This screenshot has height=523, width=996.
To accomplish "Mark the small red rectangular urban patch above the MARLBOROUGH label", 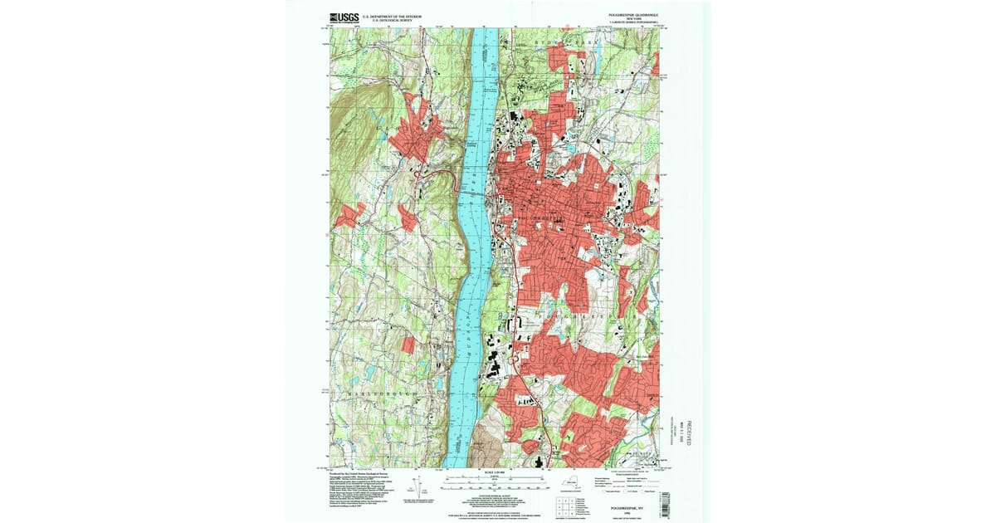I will [x=408, y=345].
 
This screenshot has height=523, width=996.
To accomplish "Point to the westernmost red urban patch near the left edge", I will [x=349, y=215].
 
